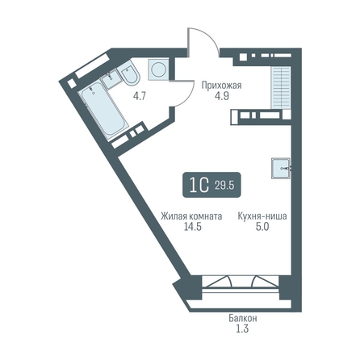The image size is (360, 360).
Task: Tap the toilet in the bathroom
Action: click(x=128, y=73)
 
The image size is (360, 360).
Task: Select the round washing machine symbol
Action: click(x=158, y=69)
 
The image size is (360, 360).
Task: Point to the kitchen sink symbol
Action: click(x=281, y=168)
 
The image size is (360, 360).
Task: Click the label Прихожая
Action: click(x=221, y=86)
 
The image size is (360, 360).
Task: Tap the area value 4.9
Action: click(x=222, y=96)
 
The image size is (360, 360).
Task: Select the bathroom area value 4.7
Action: click(x=140, y=96)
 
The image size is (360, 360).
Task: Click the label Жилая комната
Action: click(x=191, y=216)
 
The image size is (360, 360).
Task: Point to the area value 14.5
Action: click(x=193, y=227)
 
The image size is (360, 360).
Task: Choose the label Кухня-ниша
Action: click(x=262, y=216)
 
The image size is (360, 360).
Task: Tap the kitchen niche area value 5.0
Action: click(x=262, y=227)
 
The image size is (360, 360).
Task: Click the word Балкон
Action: click(x=243, y=318)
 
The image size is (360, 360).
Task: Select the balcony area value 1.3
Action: click(x=242, y=329)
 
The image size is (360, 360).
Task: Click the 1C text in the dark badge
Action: click(x=199, y=185)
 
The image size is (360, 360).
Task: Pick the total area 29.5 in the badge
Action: click(x=224, y=186)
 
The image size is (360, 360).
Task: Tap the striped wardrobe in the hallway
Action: click(x=281, y=88)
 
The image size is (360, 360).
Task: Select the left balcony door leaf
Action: click(x=217, y=282)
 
